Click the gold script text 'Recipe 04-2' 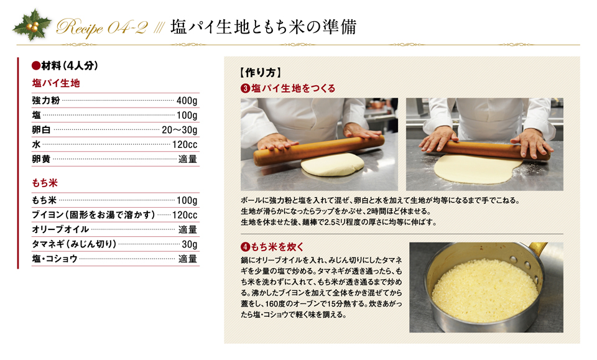click(101, 27)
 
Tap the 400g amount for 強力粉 click(187, 101)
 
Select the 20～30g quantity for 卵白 click(180, 130)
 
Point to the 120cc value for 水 click(185, 145)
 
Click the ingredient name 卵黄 click(41, 159)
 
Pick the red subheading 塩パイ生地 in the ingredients click(56, 83)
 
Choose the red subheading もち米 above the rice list click(45, 183)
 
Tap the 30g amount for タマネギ click(190, 244)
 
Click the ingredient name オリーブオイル click(60, 229)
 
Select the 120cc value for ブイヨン click(185, 215)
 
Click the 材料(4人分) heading click(65, 66)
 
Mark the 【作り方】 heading click(261, 72)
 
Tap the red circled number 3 click(245, 89)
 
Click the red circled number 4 click(245, 247)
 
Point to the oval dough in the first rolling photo click(332, 164)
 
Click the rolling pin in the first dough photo click(319, 150)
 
